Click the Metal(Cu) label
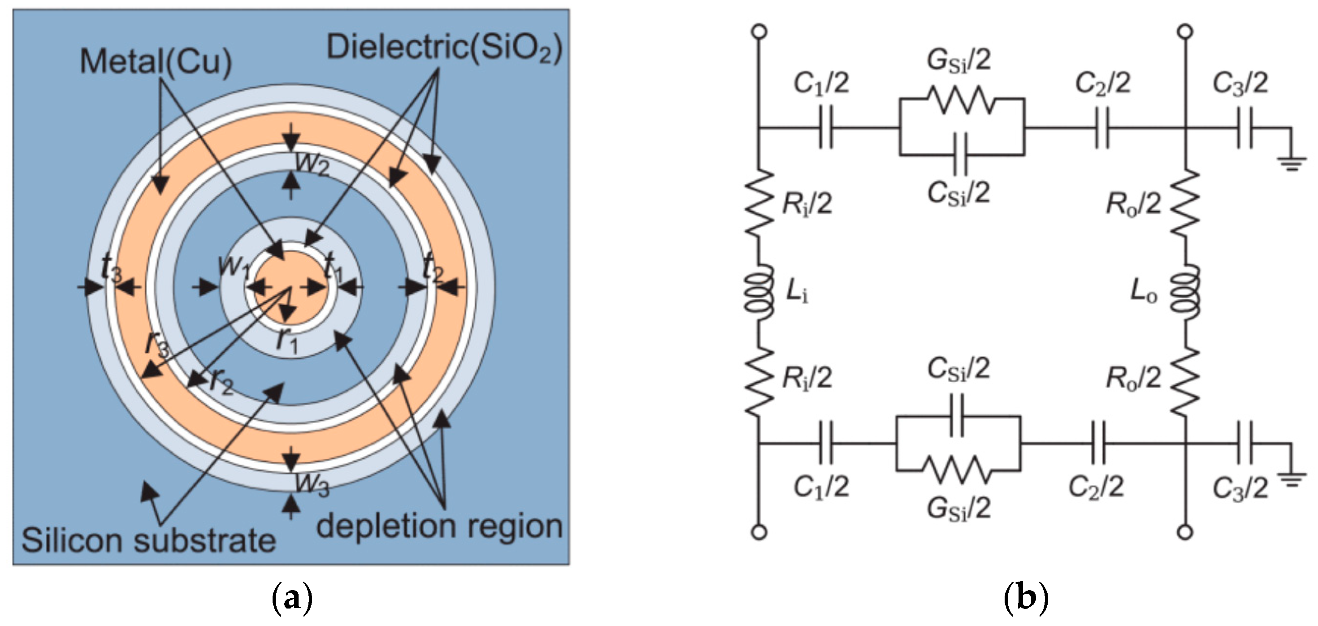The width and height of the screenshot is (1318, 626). [156, 62]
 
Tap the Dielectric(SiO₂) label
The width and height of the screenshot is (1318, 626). [445, 48]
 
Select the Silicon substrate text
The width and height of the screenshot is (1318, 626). [149, 540]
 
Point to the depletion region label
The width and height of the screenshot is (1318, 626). [439, 526]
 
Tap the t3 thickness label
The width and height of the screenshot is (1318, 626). [112, 268]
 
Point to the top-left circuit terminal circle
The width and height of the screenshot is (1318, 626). [759, 32]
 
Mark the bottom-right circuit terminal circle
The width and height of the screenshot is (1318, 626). [1185, 533]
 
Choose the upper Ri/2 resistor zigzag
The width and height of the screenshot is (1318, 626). [759, 202]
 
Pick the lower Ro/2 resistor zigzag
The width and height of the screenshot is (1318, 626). [1184, 381]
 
